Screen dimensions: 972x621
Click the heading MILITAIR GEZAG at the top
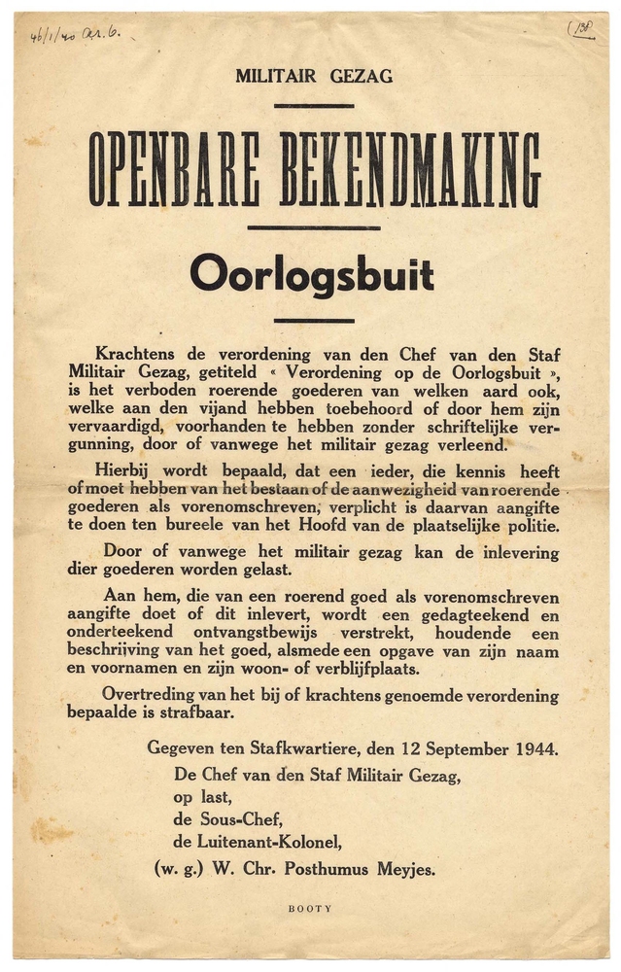point(313,77)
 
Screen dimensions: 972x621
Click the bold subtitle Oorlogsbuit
point(312,275)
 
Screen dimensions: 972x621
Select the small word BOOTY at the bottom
point(310,908)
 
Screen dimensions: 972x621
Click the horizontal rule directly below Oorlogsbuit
point(313,320)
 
